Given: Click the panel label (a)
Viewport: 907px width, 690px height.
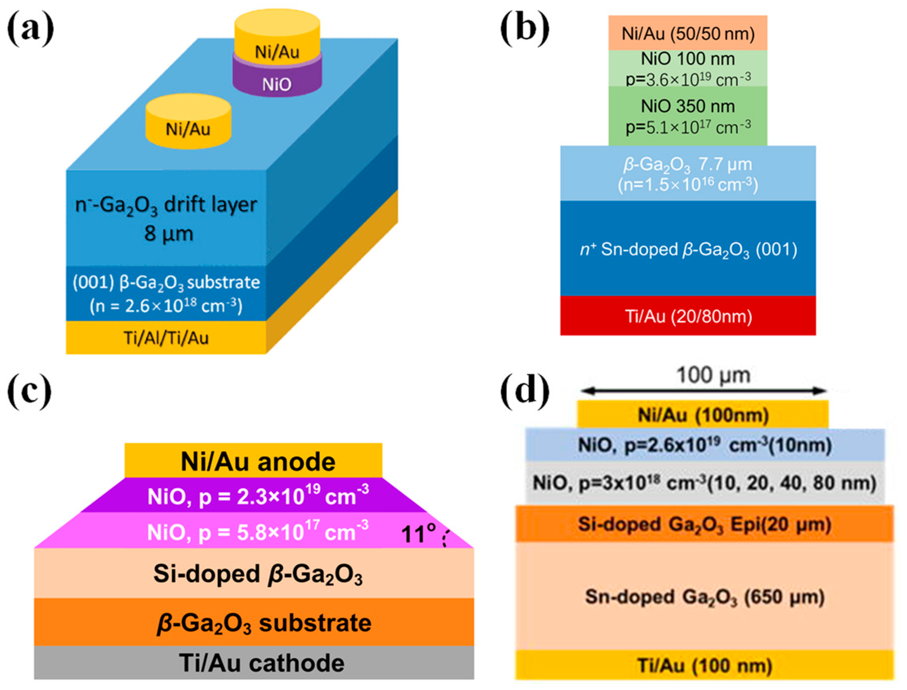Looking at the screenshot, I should (30, 29).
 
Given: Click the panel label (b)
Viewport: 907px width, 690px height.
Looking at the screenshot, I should (525, 29).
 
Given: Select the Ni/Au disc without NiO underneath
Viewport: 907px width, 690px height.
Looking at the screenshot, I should (188, 123).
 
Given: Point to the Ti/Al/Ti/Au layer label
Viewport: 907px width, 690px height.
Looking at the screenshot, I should (167, 337).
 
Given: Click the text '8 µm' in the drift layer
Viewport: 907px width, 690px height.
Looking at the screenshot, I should (169, 233).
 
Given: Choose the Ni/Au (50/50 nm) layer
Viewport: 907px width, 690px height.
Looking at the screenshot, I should (688, 33).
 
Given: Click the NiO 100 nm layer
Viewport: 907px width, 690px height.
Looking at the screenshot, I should (688, 68).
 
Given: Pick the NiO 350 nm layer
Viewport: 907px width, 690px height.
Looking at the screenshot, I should (688, 116).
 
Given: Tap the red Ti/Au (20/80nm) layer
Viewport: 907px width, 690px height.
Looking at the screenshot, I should (688, 316).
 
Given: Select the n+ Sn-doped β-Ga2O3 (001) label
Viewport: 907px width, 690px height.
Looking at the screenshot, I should (688, 249).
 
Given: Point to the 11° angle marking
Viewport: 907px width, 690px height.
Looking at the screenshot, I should (419, 534).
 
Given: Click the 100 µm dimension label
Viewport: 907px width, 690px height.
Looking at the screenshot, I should (713, 375).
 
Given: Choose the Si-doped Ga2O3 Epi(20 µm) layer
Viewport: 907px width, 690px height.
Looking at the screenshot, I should (704, 524).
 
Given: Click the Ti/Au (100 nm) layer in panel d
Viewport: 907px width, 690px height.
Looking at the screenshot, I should (704, 665).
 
